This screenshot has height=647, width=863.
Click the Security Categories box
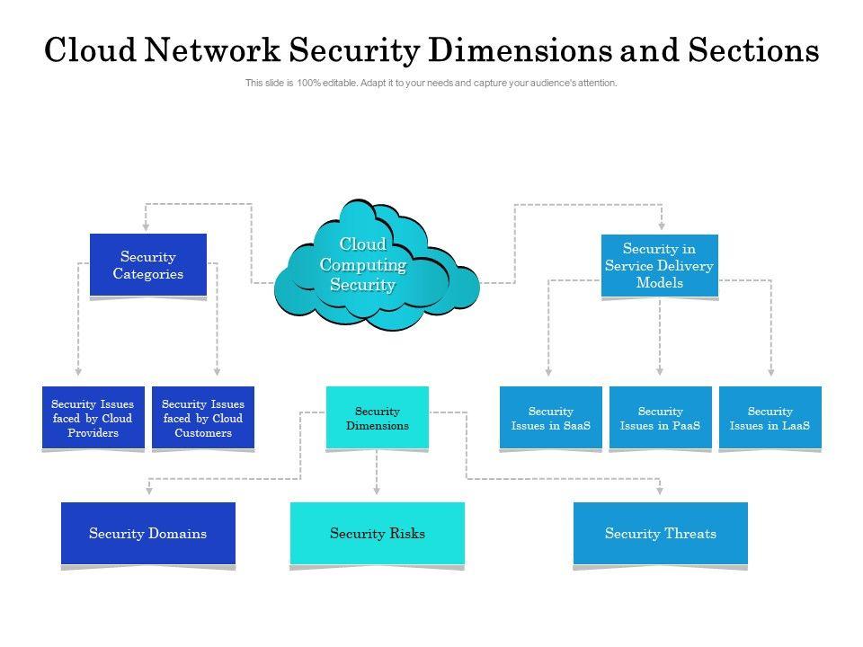148,265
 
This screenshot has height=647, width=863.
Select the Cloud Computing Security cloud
364,266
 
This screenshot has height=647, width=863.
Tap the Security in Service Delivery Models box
660,265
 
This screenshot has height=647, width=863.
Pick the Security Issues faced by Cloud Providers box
93,419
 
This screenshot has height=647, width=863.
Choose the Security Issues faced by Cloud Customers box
203,419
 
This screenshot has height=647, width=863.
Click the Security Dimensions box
378,418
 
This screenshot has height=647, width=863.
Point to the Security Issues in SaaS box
551,418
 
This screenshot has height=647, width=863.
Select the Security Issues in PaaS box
661,418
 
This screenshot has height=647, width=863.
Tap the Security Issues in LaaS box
770,418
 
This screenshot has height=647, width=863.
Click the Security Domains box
148,534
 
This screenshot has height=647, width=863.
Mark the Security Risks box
378,534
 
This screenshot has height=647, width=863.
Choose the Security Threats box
661,534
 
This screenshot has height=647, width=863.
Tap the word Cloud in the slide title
91,50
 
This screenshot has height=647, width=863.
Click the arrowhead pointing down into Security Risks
378,491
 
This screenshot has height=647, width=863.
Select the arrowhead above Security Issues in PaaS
661,370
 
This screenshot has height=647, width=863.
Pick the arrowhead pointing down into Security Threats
661,491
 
